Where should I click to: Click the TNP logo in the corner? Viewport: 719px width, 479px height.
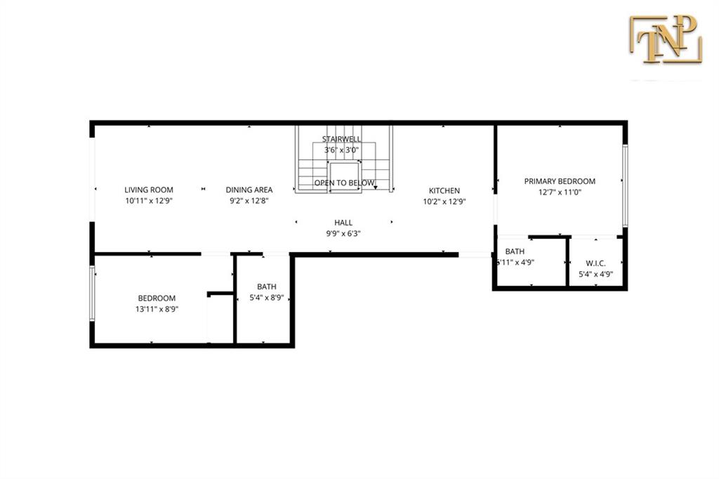(666, 39)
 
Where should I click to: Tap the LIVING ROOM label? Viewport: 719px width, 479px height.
(149, 190)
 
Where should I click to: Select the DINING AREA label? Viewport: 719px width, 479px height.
(249, 190)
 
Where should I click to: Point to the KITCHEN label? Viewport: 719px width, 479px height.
(444, 190)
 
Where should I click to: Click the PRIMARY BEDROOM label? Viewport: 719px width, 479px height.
(560, 181)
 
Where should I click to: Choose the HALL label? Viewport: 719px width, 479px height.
(343, 223)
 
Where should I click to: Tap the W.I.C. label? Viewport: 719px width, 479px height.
(595, 263)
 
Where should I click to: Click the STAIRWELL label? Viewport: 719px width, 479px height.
(342, 139)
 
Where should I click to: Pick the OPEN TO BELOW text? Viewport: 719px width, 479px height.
(344, 183)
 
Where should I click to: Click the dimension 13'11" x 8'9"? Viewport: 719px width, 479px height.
(157, 309)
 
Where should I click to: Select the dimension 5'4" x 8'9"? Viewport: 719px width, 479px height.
(266, 298)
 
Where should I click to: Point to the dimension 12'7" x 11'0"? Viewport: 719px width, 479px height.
(560, 192)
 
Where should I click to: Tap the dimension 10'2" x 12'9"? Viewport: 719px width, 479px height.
(444, 202)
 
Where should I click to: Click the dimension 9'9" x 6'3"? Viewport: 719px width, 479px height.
(343, 234)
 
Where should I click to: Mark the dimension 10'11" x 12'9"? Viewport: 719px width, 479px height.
(149, 200)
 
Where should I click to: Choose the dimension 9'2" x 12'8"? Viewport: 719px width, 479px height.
(249, 200)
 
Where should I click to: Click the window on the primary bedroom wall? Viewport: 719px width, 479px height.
(625, 186)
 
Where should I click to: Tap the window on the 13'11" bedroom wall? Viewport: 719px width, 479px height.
(92, 293)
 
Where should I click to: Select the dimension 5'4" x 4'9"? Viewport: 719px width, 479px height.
(595, 275)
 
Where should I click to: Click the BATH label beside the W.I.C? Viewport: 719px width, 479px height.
(515, 251)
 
